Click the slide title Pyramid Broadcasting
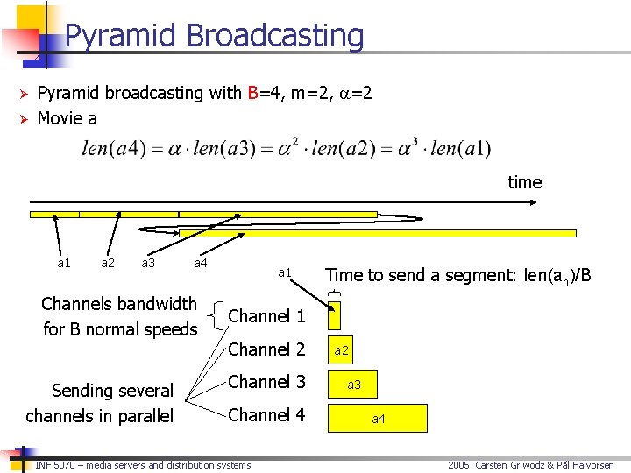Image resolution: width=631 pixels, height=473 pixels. coord(214,36)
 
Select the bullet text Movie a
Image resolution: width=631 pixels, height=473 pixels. coord(67,117)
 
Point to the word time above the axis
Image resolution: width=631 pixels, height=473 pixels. coord(524,182)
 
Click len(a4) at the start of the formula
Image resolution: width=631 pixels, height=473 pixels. coord(109,148)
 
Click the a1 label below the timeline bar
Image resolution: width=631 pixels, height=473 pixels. coord(64,263)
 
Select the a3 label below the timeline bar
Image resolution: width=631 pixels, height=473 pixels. coord(148,263)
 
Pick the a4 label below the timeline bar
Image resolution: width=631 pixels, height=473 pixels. coord(201,263)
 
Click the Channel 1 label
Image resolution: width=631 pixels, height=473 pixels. coord(266,315)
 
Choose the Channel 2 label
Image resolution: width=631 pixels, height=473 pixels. coord(266,349)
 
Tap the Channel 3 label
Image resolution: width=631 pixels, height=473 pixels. coord(266,382)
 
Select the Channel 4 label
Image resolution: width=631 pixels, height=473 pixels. coord(266,415)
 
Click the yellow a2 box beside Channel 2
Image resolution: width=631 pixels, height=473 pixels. coord(341,350)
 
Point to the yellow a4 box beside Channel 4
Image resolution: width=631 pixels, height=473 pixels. coord(378,419)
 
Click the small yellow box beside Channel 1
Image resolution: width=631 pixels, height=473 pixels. coord(334,316)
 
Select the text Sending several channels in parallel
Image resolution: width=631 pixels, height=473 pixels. coord(99,403)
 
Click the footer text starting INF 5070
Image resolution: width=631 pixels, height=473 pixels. coord(143,465)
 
